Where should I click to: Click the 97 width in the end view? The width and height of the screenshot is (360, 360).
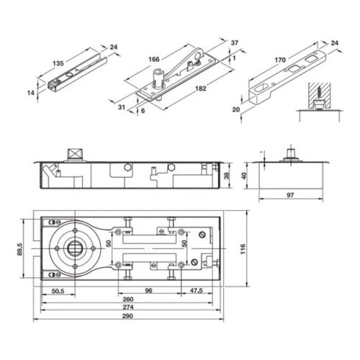tap(290, 196)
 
